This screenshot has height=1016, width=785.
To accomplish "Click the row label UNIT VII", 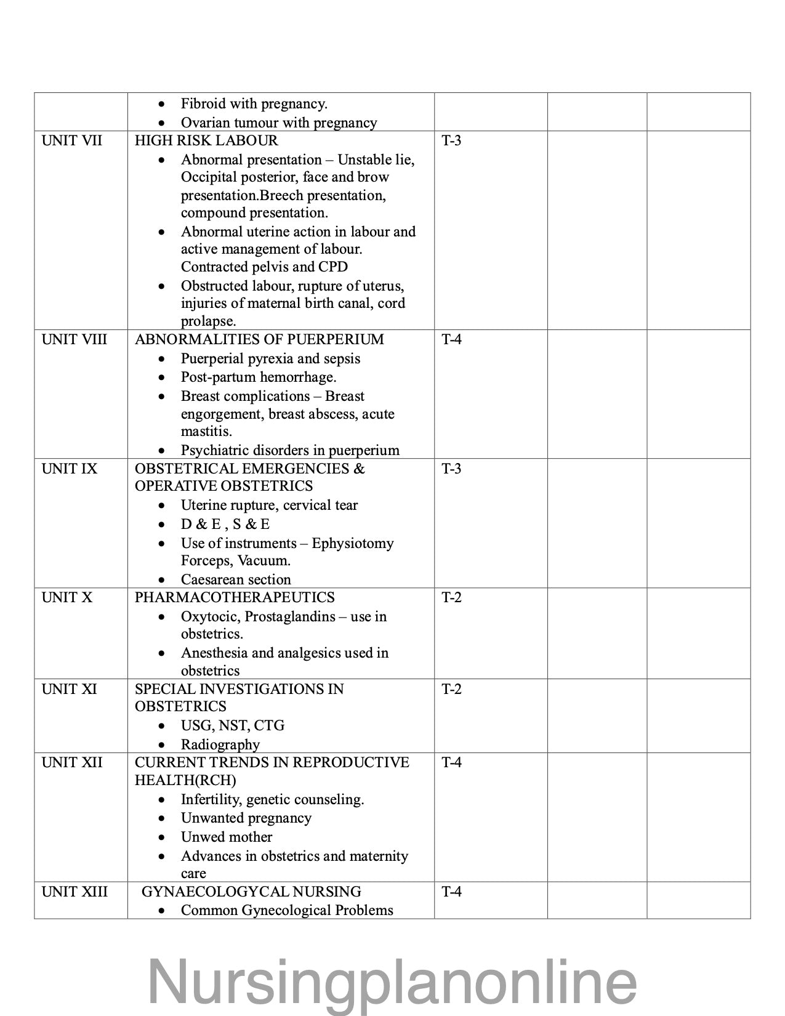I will tap(72, 141).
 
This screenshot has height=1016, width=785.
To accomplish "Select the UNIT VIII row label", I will tap(74, 340).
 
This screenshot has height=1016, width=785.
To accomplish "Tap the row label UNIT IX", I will tap(70, 469).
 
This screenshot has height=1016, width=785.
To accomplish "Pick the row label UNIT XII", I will tap(72, 763).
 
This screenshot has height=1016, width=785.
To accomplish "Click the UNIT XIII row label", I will tap(74, 892).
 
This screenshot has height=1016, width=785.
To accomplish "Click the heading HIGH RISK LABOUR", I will tap(206, 141).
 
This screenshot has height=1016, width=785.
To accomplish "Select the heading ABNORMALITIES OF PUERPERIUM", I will tap(259, 340).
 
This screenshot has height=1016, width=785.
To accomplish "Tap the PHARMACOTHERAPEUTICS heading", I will tap(235, 598).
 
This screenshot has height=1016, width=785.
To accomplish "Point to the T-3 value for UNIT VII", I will tap(451, 141).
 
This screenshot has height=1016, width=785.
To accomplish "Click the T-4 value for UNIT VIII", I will tap(451, 340).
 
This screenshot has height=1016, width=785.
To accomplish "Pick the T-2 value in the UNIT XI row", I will tap(451, 690).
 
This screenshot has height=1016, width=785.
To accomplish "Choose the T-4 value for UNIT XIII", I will tap(451, 892).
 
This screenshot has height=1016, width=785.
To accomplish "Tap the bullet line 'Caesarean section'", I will tap(236, 580).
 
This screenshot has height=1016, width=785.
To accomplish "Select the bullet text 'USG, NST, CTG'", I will tap(233, 726).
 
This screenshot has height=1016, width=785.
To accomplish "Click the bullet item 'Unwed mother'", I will tap(227, 837).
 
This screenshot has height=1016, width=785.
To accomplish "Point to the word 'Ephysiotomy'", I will tap(353, 544).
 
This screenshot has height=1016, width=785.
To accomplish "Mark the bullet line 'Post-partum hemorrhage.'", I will tap(259, 377).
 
